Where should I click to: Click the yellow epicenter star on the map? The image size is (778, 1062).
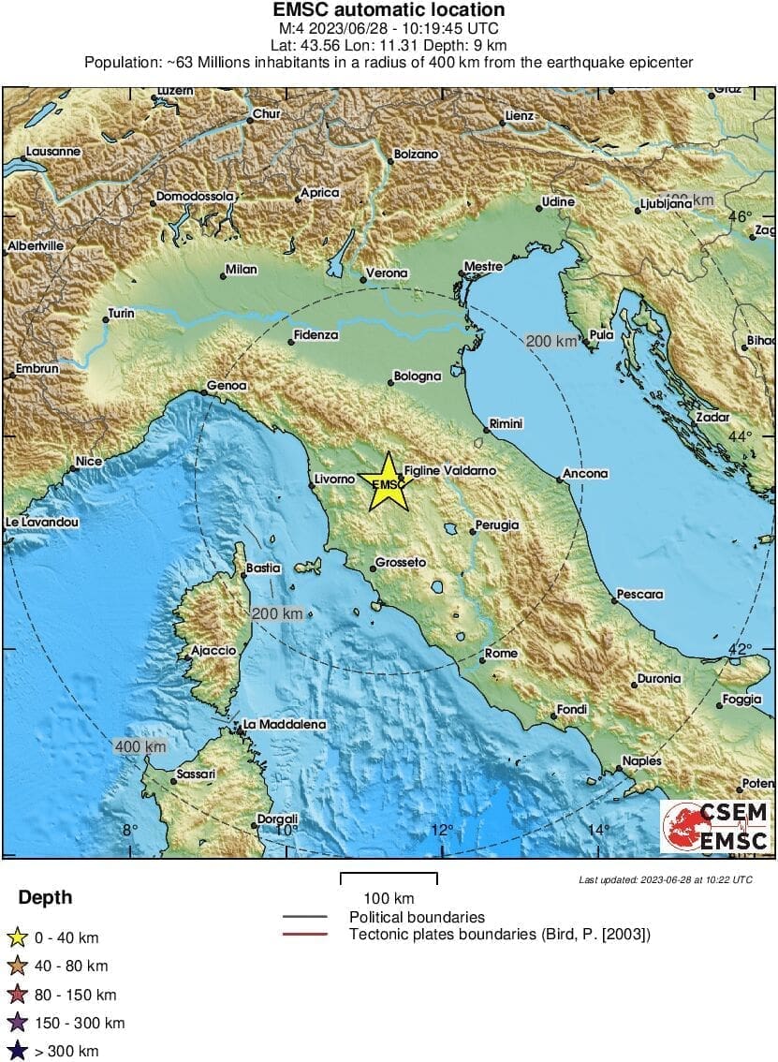click(388, 483)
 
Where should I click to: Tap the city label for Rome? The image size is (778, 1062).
click(501, 653)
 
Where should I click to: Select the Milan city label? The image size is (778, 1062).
click(241, 270)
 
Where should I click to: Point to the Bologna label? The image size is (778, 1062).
click(417, 376)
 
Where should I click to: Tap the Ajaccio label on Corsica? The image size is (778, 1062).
click(213, 650)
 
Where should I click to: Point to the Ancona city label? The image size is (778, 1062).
click(586, 474)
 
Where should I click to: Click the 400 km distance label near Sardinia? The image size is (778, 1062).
click(140, 746)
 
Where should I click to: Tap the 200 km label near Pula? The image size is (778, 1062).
click(551, 342)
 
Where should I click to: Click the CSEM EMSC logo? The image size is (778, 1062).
click(715, 826)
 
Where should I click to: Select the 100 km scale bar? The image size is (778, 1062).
click(388, 878)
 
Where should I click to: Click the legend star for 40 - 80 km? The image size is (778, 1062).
click(16, 966)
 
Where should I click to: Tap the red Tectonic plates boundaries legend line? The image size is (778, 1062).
click(304, 934)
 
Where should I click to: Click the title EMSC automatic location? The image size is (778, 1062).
click(389, 10)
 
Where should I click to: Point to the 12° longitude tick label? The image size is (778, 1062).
click(442, 829)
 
